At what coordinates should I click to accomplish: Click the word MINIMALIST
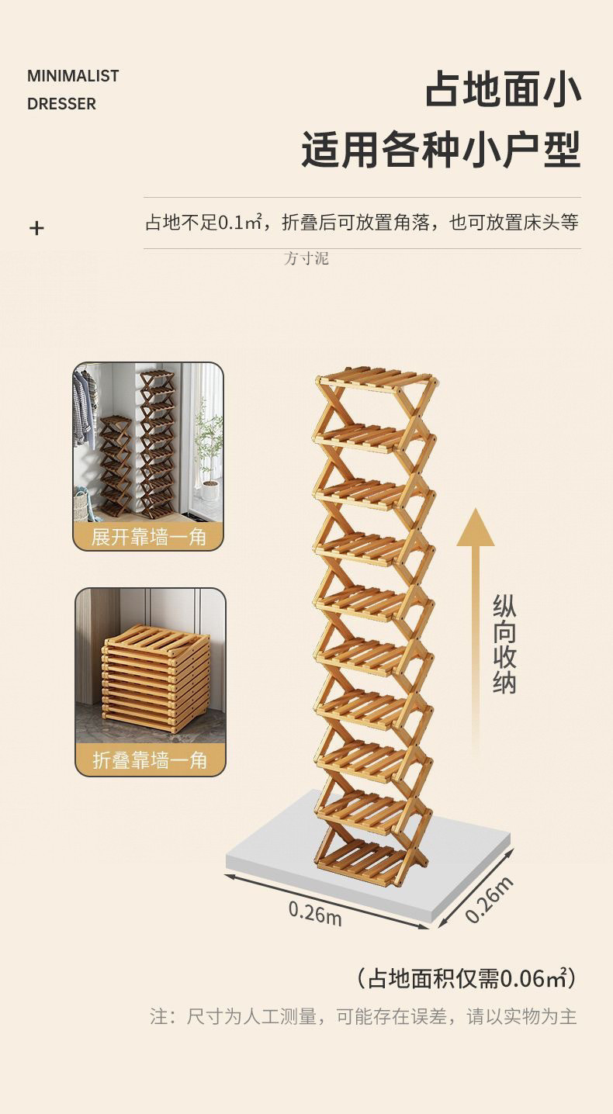(73, 76)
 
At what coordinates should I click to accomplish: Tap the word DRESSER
(61, 104)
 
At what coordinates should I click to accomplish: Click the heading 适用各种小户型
(441, 150)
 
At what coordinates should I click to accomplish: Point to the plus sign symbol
(36, 228)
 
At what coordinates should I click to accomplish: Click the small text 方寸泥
(306, 258)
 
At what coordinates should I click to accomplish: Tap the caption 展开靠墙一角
(148, 536)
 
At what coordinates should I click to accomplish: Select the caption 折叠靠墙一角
(150, 760)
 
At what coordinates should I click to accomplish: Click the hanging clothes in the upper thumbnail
(84, 407)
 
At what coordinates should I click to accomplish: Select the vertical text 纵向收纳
(504, 645)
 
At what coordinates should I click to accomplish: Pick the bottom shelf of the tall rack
(363, 862)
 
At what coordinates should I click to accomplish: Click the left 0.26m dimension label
(314, 912)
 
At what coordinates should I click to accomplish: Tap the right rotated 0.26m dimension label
(491, 899)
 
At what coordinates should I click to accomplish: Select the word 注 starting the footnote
(158, 1016)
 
